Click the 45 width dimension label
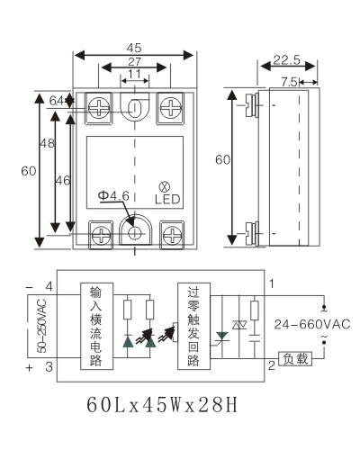point(134,48)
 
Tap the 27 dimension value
point(134,61)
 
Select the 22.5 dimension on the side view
point(287,59)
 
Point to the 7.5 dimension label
point(290,82)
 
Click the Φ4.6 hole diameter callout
point(113,195)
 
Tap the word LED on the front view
point(167,199)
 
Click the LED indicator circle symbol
point(164,187)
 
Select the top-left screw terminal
point(99,108)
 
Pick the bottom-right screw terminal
point(172,235)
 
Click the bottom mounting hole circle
point(135,233)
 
